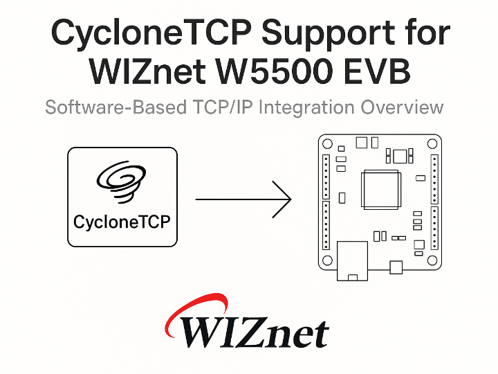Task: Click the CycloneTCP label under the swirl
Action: (x=122, y=223)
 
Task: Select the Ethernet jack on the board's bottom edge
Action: (x=353, y=262)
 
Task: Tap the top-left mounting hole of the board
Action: (x=327, y=145)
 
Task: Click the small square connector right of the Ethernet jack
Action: (x=396, y=267)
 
